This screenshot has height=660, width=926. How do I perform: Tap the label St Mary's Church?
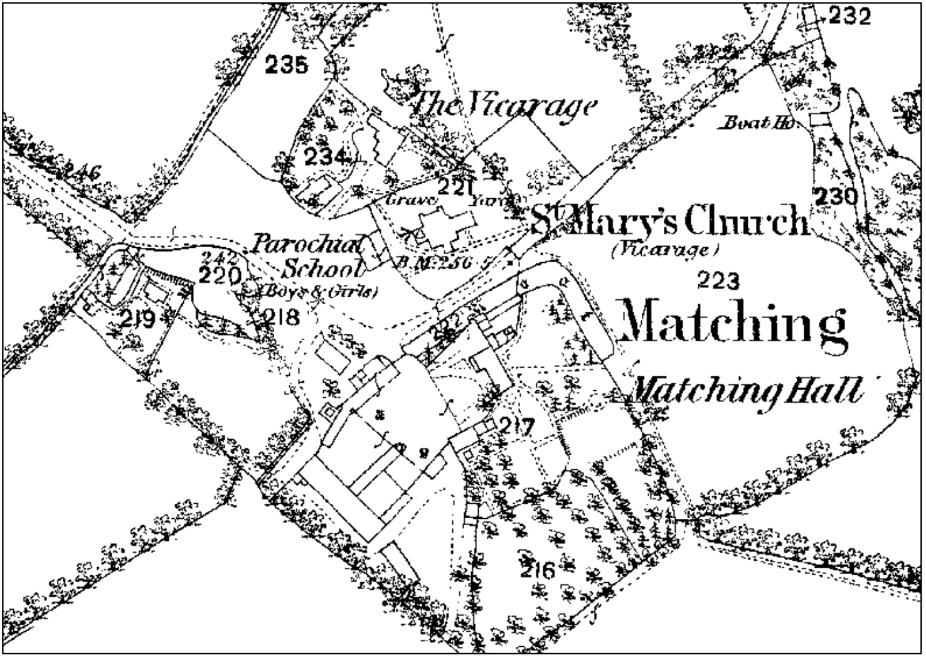[x=670, y=221]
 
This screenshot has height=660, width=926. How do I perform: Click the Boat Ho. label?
[x=758, y=122]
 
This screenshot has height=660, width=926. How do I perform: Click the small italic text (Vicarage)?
[x=664, y=250]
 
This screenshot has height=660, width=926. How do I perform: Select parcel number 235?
[x=286, y=64]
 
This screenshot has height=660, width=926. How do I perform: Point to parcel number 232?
[x=849, y=16]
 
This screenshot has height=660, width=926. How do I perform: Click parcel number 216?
[x=538, y=570]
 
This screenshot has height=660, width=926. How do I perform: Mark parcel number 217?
[x=517, y=427]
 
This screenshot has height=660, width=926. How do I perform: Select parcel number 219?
[x=137, y=320]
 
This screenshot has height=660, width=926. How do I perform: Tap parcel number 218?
[x=280, y=318]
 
